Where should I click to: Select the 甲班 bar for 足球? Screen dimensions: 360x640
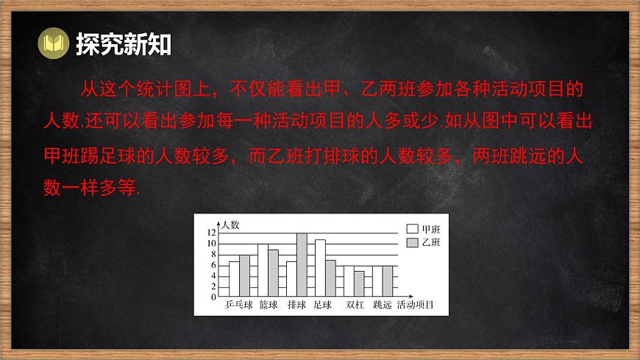click(x=320, y=268)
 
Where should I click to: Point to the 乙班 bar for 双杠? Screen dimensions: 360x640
click(x=359, y=283)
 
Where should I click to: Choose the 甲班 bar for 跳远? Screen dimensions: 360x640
click(x=377, y=281)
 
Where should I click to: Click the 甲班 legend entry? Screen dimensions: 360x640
click(x=423, y=229)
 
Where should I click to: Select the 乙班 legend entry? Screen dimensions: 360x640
click(x=423, y=242)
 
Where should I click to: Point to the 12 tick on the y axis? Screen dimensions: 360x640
click(x=211, y=233)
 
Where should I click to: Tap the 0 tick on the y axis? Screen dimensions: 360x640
click(x=213, y=297)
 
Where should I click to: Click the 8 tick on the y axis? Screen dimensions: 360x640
click(x=213, y=254)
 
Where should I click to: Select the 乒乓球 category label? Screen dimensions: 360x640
click(x=239, y=305)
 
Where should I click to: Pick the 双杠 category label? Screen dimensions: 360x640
click(x=355, y=305)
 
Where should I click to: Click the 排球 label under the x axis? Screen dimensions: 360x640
click(x=296, y=305)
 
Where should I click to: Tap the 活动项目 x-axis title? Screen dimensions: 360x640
click(x=415, y=305)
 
